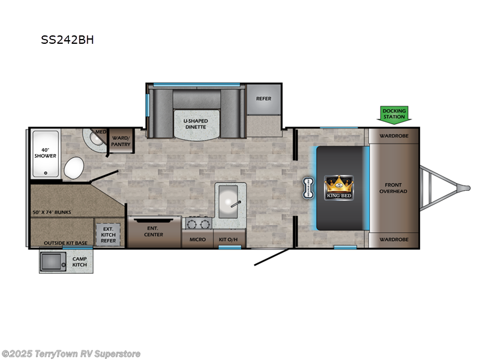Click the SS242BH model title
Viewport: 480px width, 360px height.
click(x=67, y=41)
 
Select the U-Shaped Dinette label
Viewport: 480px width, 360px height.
click(x=195, y=123)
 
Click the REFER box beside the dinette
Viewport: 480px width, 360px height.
click(x=264, y=99)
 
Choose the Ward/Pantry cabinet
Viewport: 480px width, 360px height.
click(x=121, y=142)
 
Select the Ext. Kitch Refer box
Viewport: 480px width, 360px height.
click(x=109, y=234)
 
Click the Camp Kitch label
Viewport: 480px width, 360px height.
click(x=80, y=262)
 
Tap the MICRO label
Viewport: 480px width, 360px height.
click(x=197, y=240)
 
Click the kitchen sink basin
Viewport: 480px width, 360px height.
click(x=229, y=199)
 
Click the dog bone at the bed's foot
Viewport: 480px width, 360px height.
click(x=310, y=187)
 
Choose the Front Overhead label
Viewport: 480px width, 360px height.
click(x=393, y=188)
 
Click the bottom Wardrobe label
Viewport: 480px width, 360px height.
click(x=393, y=239)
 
